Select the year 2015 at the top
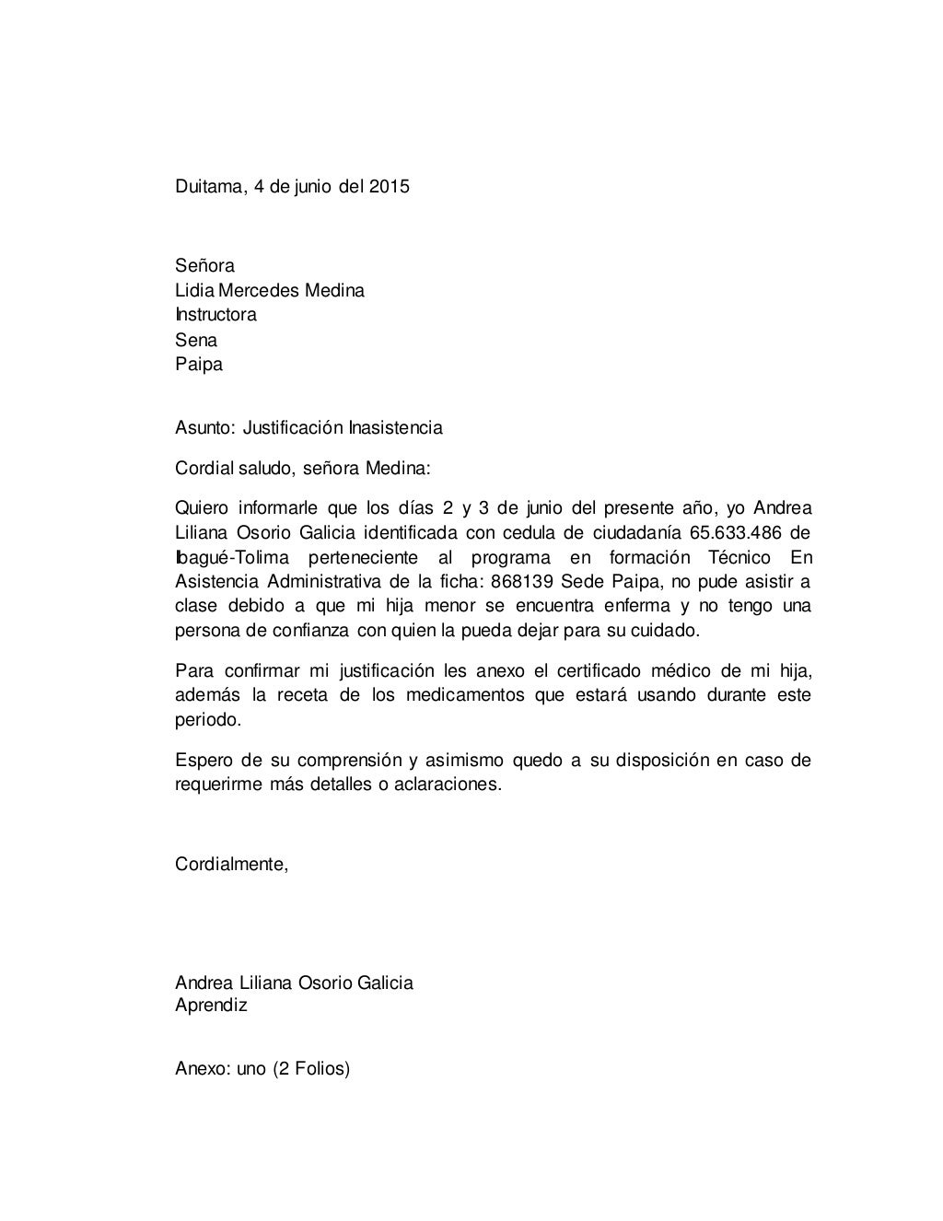click(390, 187)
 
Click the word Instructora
click(215, 315)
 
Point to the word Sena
click(196, 340)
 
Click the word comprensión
click(347, 761)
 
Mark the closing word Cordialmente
click(231, 866)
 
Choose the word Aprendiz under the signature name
click(211, 1006)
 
